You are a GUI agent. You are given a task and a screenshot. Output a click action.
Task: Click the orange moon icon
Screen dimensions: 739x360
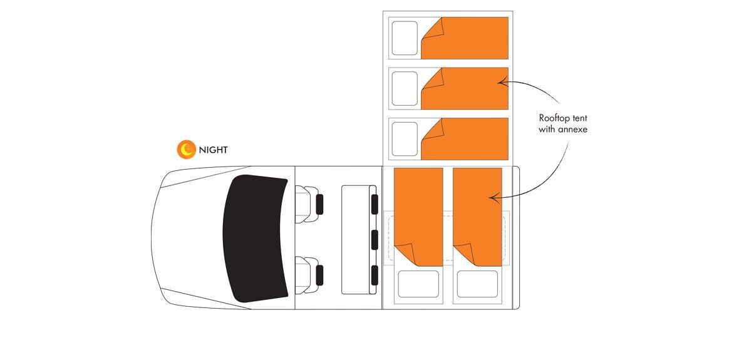pos(186,150)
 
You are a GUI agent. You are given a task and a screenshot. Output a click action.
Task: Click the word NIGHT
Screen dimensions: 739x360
pos(213,150)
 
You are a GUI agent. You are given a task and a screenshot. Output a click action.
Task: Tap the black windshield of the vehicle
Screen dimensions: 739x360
pos(256,239)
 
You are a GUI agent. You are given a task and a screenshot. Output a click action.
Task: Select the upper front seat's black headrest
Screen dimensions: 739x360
pos(319,204)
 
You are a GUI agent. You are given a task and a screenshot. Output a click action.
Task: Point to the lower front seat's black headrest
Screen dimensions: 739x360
pos(319,275)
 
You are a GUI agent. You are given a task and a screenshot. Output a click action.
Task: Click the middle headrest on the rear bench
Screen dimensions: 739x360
pos(375,239)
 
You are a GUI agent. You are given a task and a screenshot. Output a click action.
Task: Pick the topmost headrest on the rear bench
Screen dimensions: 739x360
pos(375,204)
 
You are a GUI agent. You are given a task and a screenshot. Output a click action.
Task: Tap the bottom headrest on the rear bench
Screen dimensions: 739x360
pos(375,275)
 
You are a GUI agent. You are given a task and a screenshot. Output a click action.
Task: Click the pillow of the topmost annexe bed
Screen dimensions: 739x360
pos(405,38)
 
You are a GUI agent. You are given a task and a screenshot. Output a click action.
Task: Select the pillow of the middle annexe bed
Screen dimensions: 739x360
pos(405,88)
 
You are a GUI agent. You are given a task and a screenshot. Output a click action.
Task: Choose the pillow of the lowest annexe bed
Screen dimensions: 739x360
pos(405,139)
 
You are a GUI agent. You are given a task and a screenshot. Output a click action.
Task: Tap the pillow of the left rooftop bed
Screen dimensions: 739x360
pos(418,284)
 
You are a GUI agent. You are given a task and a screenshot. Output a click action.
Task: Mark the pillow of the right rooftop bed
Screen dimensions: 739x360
pos(477,284)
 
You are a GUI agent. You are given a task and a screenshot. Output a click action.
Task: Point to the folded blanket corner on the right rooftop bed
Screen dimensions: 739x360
pos(465,254)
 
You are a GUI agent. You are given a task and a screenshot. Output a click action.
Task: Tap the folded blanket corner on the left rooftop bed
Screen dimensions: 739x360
pos(405,254)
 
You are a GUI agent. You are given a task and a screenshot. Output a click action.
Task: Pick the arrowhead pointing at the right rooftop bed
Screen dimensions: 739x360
pos(494,198)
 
